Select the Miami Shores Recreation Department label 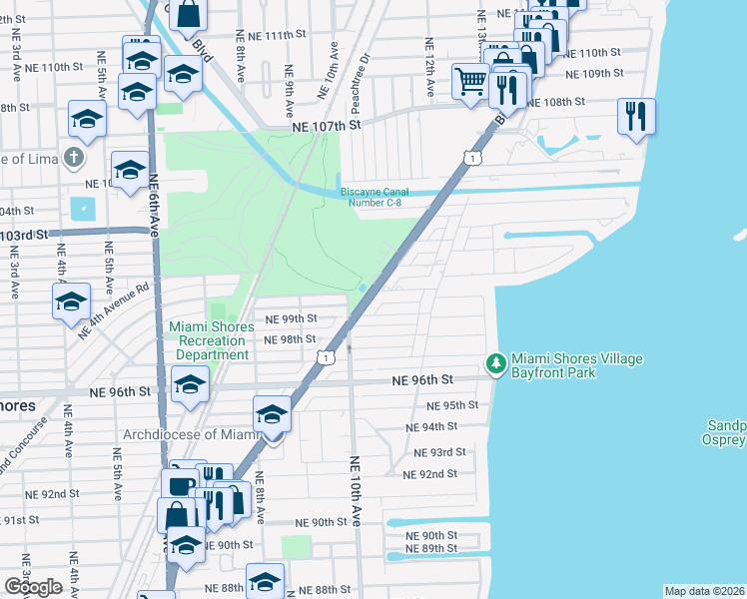point(209,340)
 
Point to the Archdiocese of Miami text point(190,434)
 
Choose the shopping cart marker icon point(469,81)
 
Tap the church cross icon point(72,157)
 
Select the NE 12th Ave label point(428,68)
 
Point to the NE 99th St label point(291,318)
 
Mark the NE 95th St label point(452,405)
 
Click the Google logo point(33,586)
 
